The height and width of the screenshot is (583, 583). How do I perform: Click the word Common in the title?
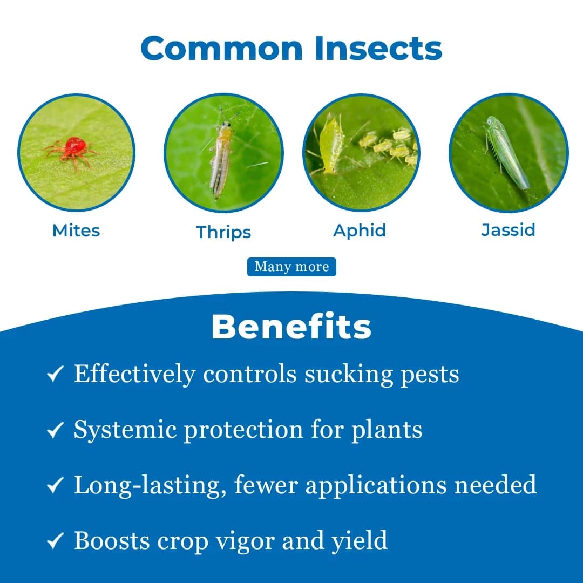[x=222, y=48]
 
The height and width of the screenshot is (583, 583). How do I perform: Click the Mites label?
[x=76, y=231]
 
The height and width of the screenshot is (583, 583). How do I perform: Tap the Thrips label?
[x=223, y=232]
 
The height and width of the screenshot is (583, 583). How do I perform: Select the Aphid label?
[x=360, y=231]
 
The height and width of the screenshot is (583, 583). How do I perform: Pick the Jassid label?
[x=508, y=230]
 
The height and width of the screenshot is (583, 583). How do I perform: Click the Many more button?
[x=291, y=267]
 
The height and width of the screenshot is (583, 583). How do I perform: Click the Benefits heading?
[x=291, y=327]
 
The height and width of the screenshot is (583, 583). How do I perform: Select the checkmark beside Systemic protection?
[x=56, y=430]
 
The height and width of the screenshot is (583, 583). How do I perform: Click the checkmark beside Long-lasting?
[x=56, y=485]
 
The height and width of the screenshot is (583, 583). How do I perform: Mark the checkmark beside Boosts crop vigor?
[x=56, y=541]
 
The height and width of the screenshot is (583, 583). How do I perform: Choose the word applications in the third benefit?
[x=376, y=485]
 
